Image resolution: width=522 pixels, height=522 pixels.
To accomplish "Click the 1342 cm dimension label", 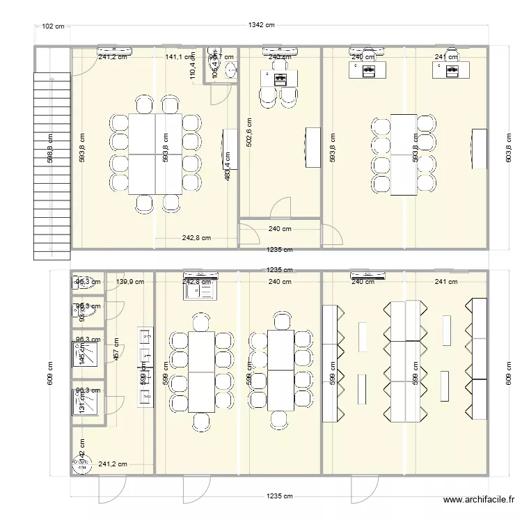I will pos(262,26).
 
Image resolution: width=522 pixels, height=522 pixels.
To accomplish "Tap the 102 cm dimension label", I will pos(53,26).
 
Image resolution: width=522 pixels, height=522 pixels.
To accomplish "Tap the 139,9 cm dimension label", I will pos(130,282).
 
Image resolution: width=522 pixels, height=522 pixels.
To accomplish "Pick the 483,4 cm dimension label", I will pos(228,168).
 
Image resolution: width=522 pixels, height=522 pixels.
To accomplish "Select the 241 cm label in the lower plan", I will pos(446,282).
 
